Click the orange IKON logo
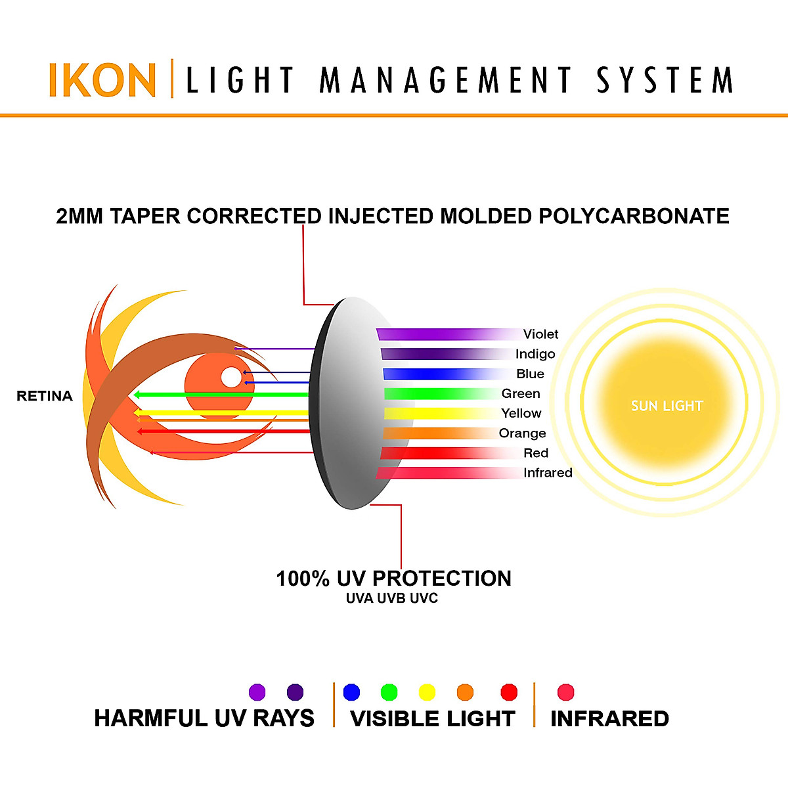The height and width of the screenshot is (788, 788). coord(102,80)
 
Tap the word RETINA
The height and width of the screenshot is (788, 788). coord(45,396)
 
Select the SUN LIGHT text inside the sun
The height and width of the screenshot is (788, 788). coord(667,406)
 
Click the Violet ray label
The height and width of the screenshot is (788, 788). coord(540,334)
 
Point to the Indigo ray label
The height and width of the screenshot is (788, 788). coord(535,354)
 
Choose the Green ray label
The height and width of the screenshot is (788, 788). coord(521,393)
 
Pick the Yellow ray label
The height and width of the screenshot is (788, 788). coord(521,413)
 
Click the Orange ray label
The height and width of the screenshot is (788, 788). coord(522,433)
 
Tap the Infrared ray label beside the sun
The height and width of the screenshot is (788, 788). coord(548,473)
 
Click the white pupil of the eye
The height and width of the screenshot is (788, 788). coord(231,378)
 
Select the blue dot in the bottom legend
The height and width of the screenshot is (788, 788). coord(352,692)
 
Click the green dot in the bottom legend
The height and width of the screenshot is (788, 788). coord(389,692)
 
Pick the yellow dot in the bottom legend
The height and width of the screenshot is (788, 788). coord(427,692)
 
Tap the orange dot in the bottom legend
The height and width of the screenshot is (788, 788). coord(465,692)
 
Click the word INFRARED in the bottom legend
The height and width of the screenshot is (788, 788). coord(609,718)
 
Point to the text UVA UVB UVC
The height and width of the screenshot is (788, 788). coord(392,598)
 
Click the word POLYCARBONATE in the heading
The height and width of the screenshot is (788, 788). coord(634,216)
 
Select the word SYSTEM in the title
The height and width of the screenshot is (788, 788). coord(665,80)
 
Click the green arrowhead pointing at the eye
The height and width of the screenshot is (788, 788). coord(139,395)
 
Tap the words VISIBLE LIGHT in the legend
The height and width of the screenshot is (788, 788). coord(433,718)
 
